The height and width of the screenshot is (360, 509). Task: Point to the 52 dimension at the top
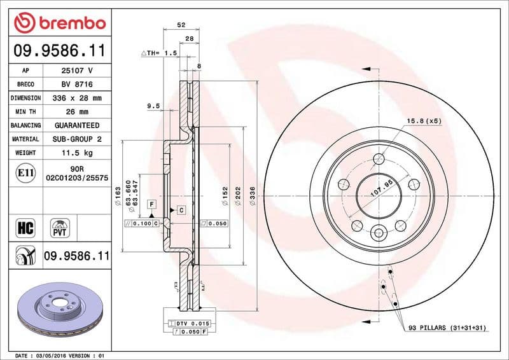[x=181, y=25]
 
